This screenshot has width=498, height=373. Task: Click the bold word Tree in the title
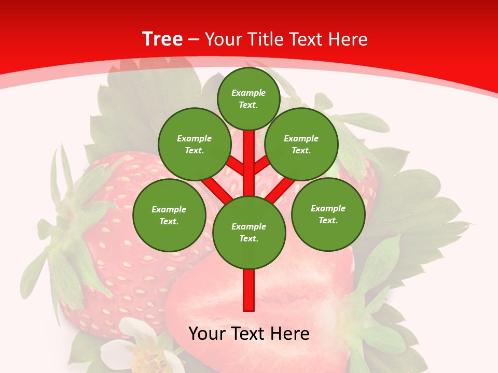tap(162, 39)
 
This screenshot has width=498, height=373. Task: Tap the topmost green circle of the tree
tap(248, 98)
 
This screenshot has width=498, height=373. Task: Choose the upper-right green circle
tap(301, 144)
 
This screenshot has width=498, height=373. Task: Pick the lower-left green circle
tap(169, 215)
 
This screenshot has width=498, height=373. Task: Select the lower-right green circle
tap(328, 214)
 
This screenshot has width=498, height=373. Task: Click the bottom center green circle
tap(249, 232)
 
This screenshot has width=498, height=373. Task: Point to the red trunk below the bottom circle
tap(249, 290)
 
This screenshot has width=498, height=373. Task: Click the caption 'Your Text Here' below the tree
tap(249, 334)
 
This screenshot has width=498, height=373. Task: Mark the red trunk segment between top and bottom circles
tap(249, 155)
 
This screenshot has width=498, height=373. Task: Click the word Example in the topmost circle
tap(248, 93)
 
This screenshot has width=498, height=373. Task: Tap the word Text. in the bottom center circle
tap(248, 238)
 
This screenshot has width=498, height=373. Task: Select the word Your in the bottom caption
tap(208, 334)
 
